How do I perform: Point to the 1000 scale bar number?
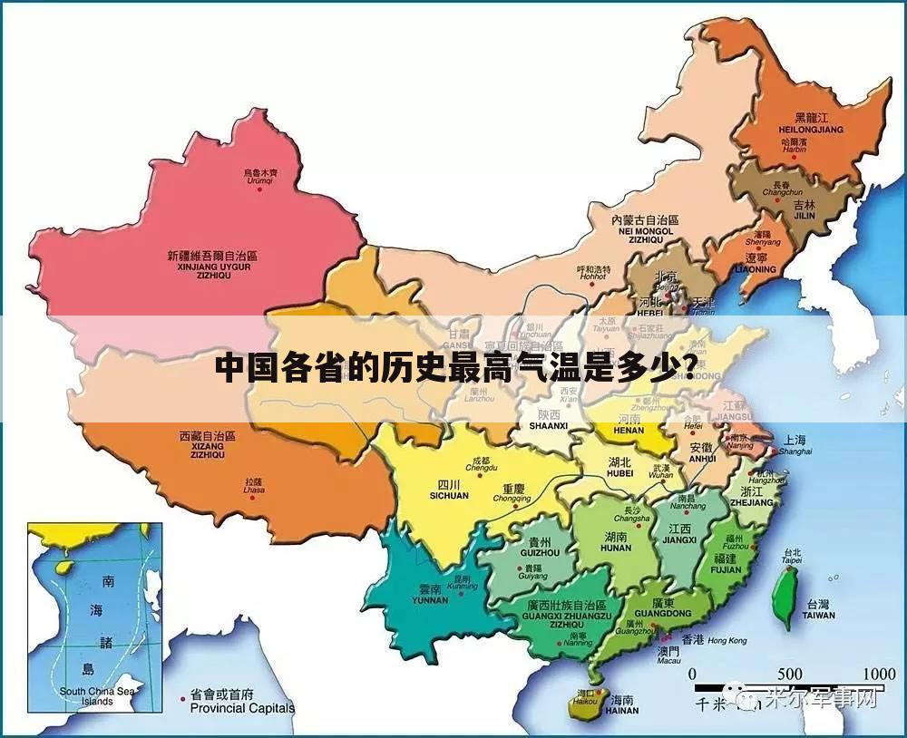pos(879,674)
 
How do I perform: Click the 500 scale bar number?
pos(789,674)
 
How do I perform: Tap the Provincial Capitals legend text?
pos(242,708)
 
